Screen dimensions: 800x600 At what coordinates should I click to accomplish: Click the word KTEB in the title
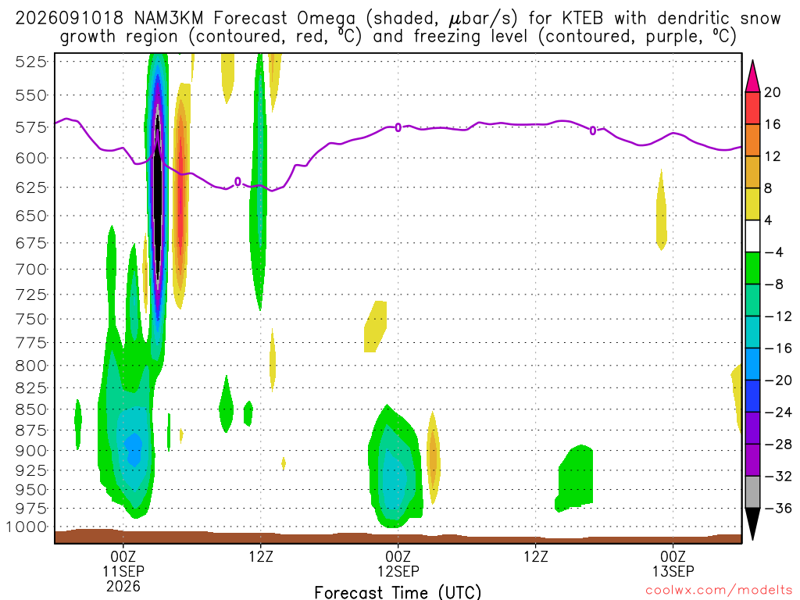582,19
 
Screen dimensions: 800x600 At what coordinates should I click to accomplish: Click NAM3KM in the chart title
169,19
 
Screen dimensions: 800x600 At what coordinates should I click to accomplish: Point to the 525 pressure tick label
31,62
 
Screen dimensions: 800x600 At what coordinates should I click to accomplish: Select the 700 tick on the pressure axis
31,269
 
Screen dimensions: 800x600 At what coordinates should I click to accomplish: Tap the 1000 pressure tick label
26,527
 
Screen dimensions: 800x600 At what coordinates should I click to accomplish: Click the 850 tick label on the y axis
31,409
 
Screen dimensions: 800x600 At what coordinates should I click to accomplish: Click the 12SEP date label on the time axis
398,571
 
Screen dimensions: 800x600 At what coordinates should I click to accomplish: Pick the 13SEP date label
673,571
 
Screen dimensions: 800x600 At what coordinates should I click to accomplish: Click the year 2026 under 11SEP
123,586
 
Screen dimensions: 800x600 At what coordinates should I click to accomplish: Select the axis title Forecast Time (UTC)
398,592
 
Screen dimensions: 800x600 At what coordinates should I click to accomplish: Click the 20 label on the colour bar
773,92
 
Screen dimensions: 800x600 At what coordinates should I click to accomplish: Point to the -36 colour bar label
778,508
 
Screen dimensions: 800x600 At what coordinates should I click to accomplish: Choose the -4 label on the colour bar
774,252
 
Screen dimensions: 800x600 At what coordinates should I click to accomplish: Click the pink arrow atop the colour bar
752,77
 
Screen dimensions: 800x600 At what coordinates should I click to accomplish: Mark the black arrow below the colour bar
752,523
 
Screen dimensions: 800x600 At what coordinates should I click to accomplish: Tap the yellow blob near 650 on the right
661,210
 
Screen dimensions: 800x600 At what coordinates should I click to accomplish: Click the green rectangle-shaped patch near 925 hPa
575,478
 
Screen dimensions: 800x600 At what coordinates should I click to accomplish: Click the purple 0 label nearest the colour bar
592,130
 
